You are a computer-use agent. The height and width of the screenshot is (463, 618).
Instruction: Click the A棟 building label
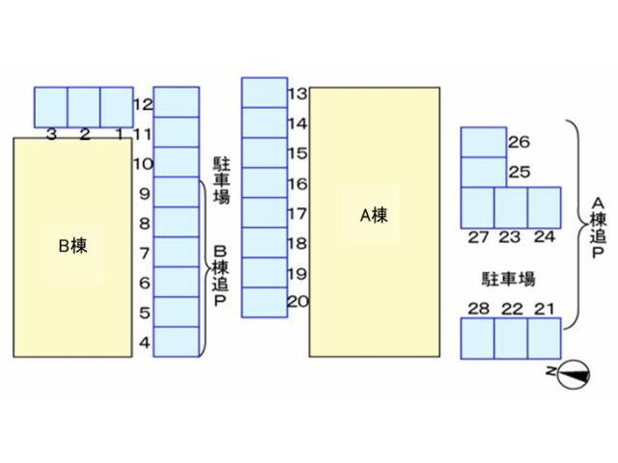pos(374,215)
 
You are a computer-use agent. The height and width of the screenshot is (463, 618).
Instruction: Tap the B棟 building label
pos(72,245)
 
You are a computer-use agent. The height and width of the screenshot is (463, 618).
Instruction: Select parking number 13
pos(297,94)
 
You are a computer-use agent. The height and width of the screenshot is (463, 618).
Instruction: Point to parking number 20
pos(297,302)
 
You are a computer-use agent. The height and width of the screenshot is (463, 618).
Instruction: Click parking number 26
pos(519,143)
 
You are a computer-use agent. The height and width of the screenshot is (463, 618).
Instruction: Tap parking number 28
pos(478,309)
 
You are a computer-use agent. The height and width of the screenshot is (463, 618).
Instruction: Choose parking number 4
pos(145,342)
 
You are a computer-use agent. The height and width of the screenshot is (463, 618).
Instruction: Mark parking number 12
pos(143,103)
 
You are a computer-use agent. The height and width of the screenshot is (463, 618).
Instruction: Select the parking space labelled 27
pos(477,207)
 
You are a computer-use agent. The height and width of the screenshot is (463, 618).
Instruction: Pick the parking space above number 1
pos(117,105)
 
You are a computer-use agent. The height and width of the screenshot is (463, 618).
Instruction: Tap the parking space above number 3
pos(51,105)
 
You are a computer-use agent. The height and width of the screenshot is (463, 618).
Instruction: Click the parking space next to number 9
pos(176,192)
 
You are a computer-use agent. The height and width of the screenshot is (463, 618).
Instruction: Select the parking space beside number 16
pos(264,182)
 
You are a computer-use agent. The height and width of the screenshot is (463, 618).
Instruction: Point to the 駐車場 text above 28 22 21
pos(508,280)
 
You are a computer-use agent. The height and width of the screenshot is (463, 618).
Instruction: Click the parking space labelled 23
pos(511,207)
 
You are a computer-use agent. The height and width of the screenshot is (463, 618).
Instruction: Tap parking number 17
pos(297,213)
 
